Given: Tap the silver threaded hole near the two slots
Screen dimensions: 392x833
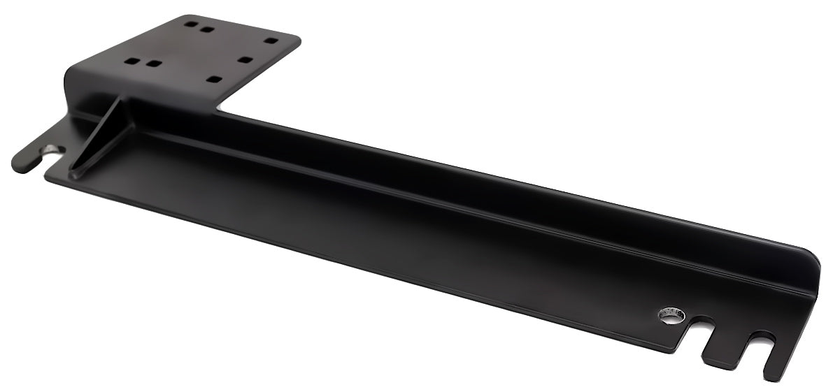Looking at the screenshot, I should tap(670, 316).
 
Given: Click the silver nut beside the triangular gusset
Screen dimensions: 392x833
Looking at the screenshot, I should tap(50, 149).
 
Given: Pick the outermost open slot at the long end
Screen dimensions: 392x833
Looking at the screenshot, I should tap(759, 346).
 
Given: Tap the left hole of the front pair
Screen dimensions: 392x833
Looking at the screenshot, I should tap(131, 61).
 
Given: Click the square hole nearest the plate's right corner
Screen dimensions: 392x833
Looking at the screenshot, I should tap(271, 41).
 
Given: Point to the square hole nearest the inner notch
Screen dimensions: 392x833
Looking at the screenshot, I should tap(214, 79).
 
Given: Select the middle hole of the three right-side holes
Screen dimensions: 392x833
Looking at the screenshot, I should tap(244, 59).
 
